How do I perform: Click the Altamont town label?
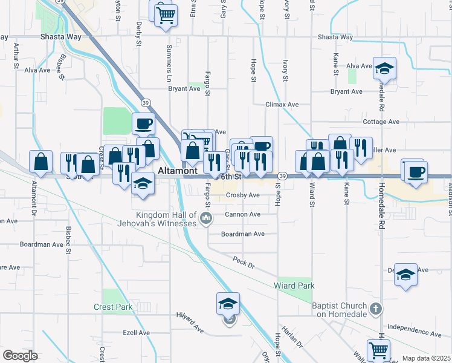pyautogui.click(x=175, y=172)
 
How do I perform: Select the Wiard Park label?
pyautogui.click(x=294, y=286)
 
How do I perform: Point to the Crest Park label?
pyautogui.click(x=113, y=307)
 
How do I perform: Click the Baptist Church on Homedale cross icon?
pyautogui.click(x=376, y=309)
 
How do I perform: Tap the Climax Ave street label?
pyautogui.click(x=282, y=104)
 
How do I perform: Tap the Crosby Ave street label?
pyautogui.click(x=242, y=195)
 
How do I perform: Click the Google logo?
pyautogui.click(x=20, y=356)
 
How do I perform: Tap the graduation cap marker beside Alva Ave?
pyautogui.click(x=384, y=69)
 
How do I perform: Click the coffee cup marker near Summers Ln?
pyautogui.click(x=144, y=124)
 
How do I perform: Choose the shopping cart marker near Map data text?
pyautogui.click(x=378, y=350)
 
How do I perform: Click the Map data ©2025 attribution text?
pyautogui.click(x=426, y=358)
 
